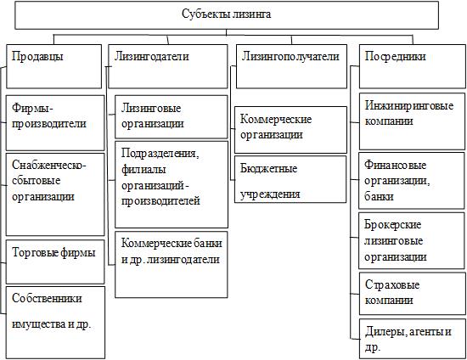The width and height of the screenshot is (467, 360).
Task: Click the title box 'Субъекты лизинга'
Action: pyautogui.click(x=227, y=15)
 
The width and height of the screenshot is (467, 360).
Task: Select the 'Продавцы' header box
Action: pyautogui.click(x=53, y=66)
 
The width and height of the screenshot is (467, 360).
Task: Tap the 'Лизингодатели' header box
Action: pyautogui.click(x=168, y=66)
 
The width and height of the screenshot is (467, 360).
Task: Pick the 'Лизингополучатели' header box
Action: pyautogui.click(x=291, y=66)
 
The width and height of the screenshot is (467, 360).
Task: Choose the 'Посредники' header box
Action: pyautogui.click(x=413, y=66)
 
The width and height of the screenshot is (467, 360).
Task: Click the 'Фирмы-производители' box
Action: pyautogui.click(x=55, y=123)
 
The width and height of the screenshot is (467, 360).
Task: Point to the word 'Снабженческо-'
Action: pyautogui.click(x=49, y=165)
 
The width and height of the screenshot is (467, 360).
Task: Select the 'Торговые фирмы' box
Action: pyautogui.click(x=55, y=262)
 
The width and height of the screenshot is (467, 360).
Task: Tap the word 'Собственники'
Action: pyautogui.click(x=47, y=298)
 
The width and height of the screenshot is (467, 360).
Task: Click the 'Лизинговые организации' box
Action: pyautogui.click(x=172, y=116)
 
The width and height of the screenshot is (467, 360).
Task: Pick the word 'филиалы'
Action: pyautogui.click(x=143, y=170)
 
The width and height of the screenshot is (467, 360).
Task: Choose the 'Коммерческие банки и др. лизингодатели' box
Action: pyautogui.click(x=172, y=264)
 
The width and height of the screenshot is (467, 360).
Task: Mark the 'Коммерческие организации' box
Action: pyautogui.click(x=290, y=130)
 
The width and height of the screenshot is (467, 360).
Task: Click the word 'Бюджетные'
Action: pyautogui.click(x=268, y=169)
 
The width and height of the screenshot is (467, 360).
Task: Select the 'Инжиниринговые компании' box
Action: pyautogui.click(x=412, y=121)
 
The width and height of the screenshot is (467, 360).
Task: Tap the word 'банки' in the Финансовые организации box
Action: pyautogui.click(x=379, y=196)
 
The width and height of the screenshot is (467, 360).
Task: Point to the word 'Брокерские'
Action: pyautogui.click(x=393, y=224)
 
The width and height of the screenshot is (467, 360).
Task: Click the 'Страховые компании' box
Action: pyautogui.click(x=412, y=293)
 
